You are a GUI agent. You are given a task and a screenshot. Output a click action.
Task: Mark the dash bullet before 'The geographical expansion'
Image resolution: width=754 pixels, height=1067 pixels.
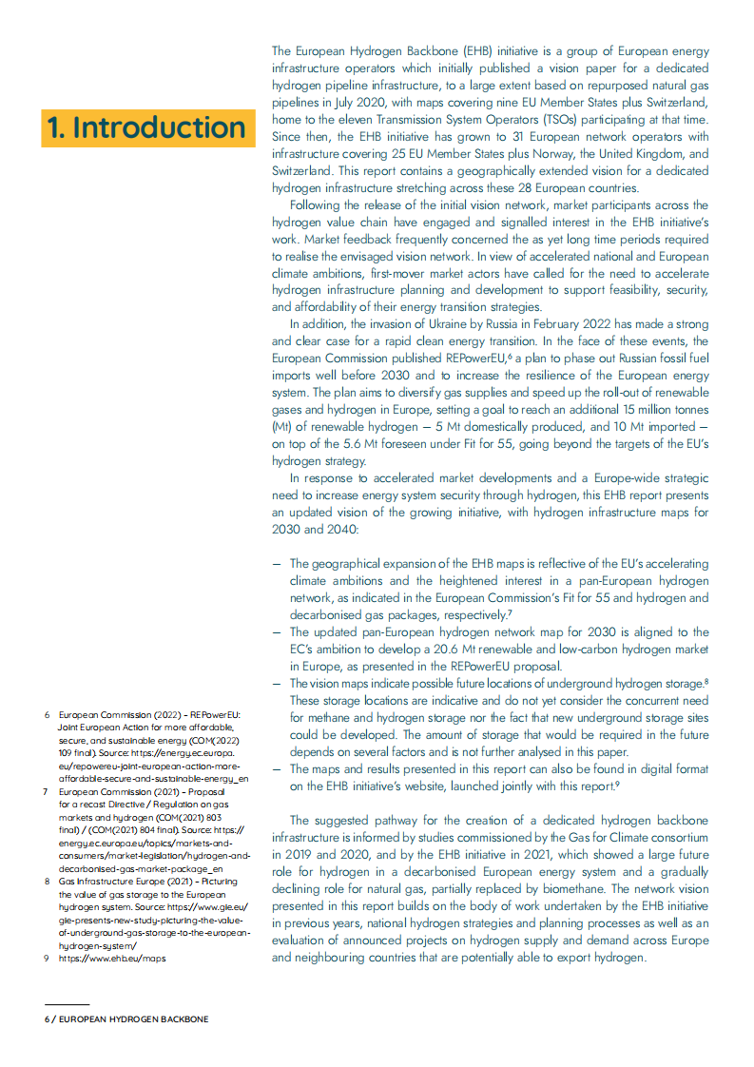tap(276, 564)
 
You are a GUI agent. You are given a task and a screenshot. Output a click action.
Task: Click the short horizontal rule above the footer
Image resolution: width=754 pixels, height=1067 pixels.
tap(67, 1003)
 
